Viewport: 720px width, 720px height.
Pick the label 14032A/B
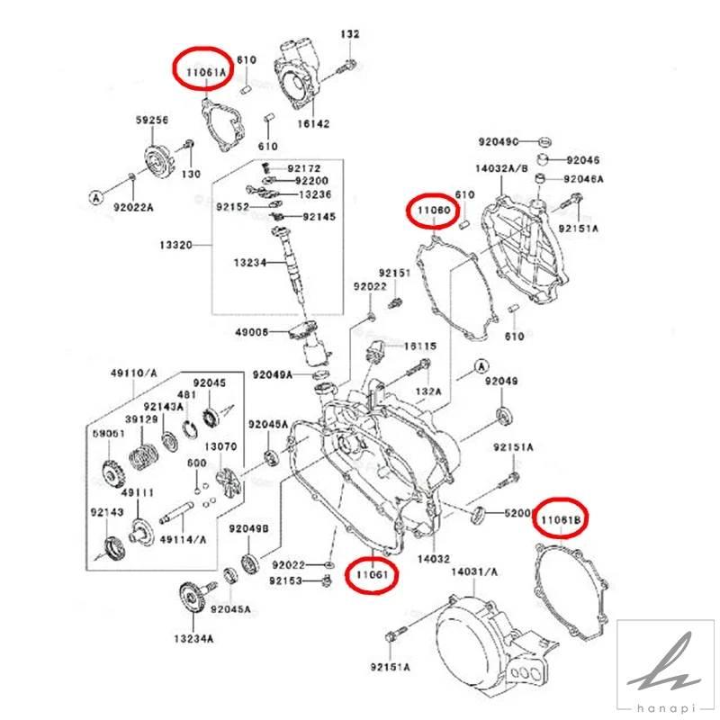500,167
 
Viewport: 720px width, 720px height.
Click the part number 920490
499,142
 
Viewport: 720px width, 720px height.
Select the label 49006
251,332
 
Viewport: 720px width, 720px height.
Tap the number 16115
419,346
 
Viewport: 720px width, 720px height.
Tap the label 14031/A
474,571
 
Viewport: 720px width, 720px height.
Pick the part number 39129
142,419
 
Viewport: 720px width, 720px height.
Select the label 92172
303,168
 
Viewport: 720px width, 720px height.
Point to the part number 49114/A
184,539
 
